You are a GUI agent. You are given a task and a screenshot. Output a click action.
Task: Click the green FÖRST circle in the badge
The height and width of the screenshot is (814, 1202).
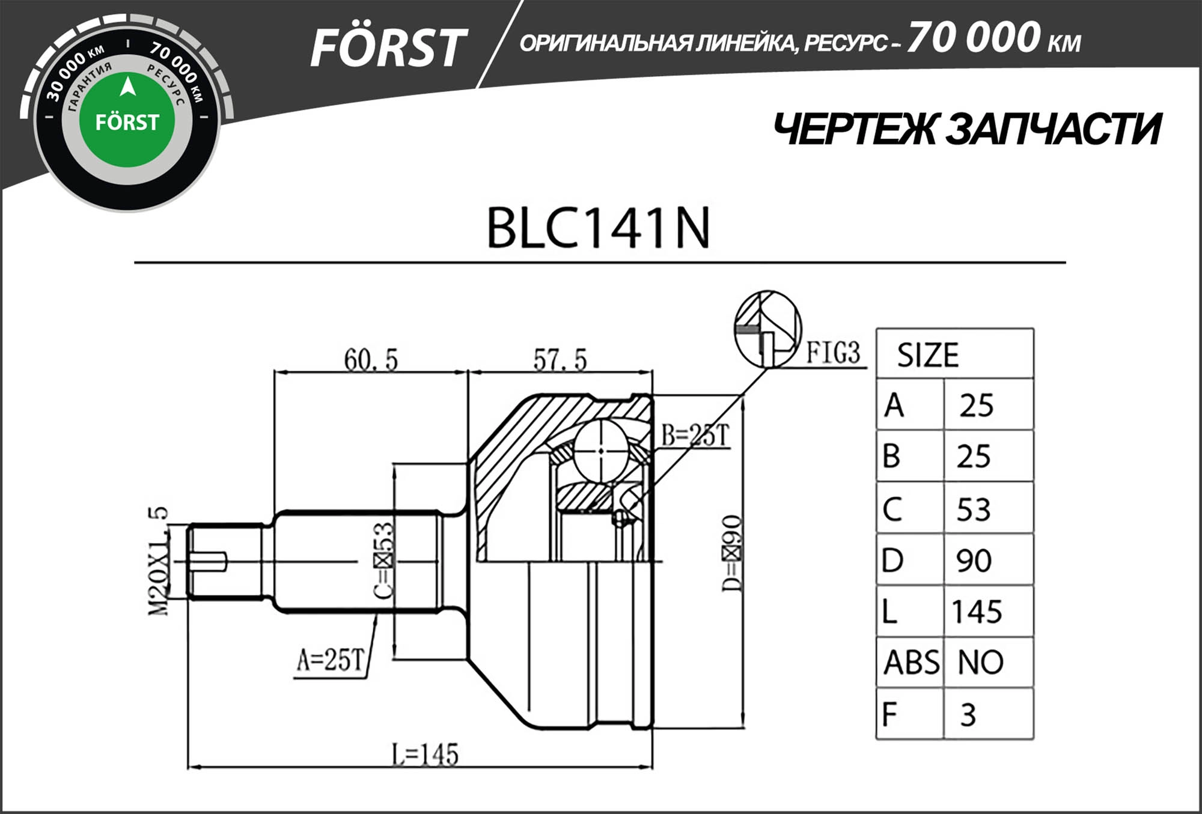127,121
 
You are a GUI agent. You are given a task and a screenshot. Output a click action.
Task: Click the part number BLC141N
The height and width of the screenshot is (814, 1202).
598,228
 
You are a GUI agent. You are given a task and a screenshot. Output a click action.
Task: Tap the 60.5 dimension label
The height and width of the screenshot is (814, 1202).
371,360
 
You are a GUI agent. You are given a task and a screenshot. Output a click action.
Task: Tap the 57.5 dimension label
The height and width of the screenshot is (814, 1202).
560,360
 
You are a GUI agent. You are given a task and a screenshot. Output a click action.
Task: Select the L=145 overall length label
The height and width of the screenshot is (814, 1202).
425,755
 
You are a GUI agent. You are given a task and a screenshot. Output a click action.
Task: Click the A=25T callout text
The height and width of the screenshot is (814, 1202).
331,660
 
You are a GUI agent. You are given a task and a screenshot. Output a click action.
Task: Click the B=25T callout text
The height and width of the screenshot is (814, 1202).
695,436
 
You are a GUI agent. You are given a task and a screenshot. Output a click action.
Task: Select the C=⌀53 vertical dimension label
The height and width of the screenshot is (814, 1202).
383,560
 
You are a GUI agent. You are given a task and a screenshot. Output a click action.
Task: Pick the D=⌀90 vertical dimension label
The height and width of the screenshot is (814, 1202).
732,553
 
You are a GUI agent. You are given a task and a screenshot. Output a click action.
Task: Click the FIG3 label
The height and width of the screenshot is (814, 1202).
833,353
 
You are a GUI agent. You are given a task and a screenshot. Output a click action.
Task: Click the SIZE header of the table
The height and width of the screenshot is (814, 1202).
927,355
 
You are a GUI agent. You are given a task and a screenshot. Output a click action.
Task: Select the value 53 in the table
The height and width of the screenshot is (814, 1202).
974,509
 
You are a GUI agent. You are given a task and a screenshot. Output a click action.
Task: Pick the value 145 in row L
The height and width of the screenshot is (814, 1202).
977,612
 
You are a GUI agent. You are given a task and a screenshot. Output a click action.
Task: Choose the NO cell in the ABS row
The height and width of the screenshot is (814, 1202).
980,663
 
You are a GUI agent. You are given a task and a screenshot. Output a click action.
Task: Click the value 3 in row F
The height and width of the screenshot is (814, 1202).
968,715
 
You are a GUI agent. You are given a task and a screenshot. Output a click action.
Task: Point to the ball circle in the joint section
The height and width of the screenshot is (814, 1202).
601,451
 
